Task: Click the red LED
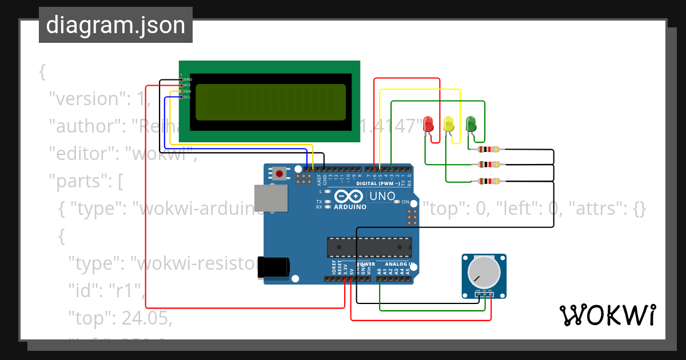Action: click(429, 123)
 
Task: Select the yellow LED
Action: click(449, 123)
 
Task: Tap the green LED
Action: click(470, 123)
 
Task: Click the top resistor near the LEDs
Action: click(489, 150)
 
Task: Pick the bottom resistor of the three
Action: click(489, 182)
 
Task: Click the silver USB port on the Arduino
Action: click(270, 198)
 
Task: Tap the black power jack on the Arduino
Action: click(273, 267)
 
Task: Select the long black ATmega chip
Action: click(369, 247)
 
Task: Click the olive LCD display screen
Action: click(270, 102)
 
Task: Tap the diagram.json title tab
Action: click(115, 25)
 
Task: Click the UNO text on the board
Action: click(382, 196)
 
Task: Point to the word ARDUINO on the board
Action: click(350, 207)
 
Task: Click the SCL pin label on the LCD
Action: click(187, 97)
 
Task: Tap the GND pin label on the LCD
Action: click(188, 79)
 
